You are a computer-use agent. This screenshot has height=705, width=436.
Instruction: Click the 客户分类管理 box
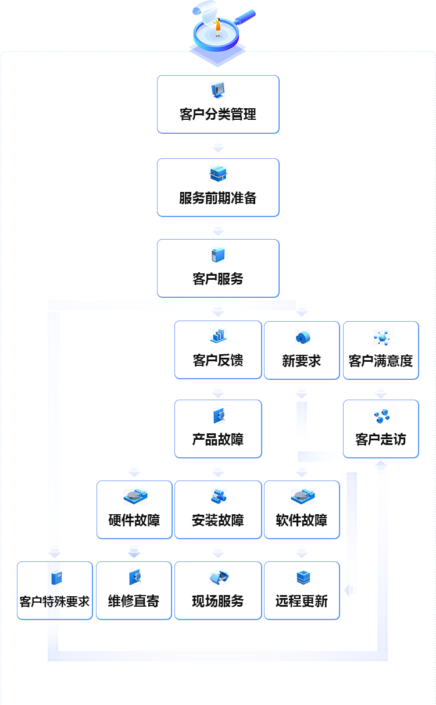click(x=218, y=104)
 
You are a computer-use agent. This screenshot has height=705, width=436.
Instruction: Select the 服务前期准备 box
click(x=218, y=187)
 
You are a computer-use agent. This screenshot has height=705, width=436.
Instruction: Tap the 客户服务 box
click(x=218, y=268)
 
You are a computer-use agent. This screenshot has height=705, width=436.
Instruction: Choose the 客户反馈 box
click(x=218, y=350)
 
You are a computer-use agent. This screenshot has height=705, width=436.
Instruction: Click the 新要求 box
click(x=302, y=350)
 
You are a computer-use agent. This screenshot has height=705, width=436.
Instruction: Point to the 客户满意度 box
click(x=381, y=350)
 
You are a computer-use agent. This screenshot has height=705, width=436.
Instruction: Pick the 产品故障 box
click(x=218, y=429)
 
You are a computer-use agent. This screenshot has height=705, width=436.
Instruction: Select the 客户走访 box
click(x=381, y=429)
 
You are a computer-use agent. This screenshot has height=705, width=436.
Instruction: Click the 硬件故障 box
click(x=134, y=510)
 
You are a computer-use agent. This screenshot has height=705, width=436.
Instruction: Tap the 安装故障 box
click(x=218, y=510)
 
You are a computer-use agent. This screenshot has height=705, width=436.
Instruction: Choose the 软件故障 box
click(x=302, y=510)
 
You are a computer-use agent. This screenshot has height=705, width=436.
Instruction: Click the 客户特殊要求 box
click(x=55, y=590)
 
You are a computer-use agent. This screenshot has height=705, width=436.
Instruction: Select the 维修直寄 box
click(x=134, y=590)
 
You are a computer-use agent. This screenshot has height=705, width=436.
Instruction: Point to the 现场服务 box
click(x=218, y=590)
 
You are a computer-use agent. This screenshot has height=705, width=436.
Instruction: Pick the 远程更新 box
click(x=302, y=590)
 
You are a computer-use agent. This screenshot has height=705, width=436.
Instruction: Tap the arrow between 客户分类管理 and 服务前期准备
click(x=218, y=146)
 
